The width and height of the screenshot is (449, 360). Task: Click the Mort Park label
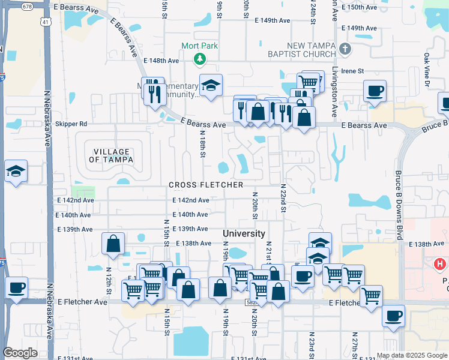(200, 46)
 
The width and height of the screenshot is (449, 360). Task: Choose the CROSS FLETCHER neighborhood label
(206, 185)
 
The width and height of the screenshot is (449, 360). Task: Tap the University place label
(244, 233)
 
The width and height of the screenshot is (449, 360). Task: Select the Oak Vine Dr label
(427, 69)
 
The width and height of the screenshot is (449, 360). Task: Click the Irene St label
(352, 71)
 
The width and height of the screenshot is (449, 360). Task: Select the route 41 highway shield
(46, 22)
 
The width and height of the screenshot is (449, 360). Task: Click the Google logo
(20, 353)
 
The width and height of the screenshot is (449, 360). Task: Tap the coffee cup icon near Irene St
(375, 91)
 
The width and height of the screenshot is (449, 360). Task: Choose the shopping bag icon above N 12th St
(113, 244)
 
